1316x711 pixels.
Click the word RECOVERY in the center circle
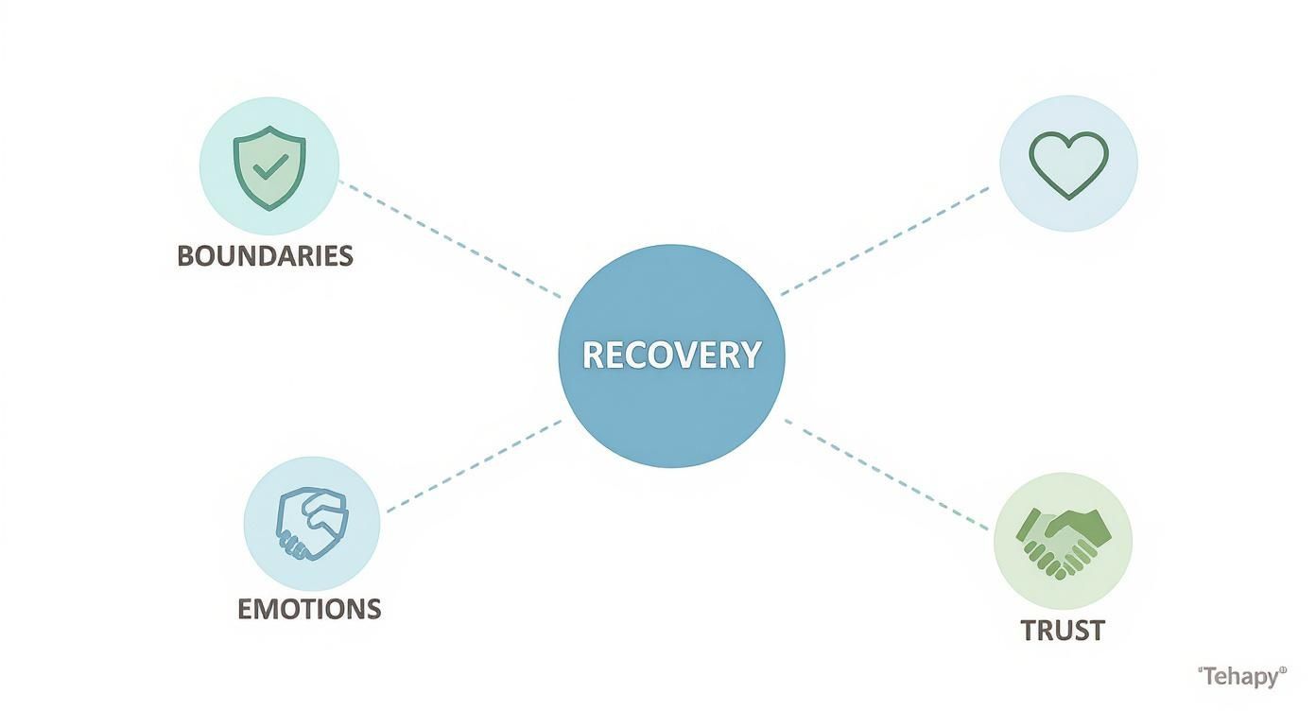671,355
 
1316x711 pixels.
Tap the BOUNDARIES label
265,255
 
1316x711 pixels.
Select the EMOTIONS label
309,608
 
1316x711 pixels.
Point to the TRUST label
1063,631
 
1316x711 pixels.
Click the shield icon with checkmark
269,167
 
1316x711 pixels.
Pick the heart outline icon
1067,165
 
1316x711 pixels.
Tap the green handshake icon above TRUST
1064,541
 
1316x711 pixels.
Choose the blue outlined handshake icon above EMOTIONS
311,523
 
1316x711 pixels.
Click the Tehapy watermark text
1241,676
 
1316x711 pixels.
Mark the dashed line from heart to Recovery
885,240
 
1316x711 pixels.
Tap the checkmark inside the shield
270,167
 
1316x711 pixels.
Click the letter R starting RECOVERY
593,355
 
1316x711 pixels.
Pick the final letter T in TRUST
1095,631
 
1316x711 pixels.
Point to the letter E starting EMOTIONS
246,608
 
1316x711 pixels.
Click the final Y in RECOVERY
750,355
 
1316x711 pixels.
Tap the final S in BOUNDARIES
345,255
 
